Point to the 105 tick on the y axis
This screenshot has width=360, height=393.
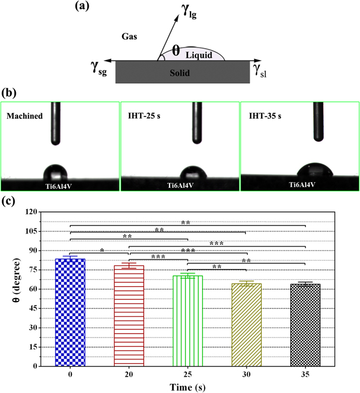pyautogui.click(x=44, y=231)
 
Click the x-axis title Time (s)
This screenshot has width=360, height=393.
pyautogui.click(x=187, y=386)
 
